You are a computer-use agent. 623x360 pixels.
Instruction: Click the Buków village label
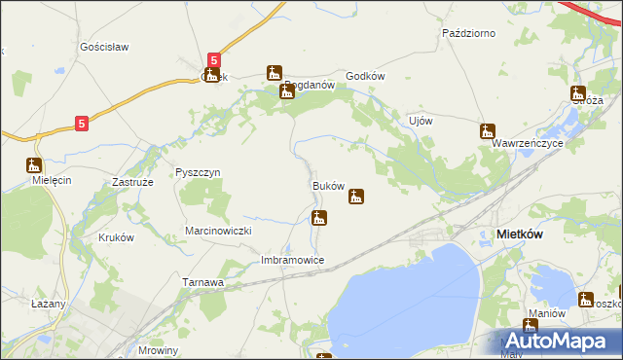coord(328,185)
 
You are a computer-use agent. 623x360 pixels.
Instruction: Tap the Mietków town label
coord(526,234)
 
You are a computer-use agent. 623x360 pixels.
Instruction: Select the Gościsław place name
coord(104,47)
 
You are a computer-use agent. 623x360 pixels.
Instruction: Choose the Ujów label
coord(420,121)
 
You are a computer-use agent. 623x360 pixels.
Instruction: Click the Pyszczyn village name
coord(198,172)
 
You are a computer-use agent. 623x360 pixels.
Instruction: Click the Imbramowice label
coord(292,261)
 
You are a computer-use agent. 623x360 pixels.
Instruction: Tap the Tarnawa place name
coord(203,282)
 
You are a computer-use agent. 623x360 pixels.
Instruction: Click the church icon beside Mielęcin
coord(33,165)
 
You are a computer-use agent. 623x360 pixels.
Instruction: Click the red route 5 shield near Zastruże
coord(83,124)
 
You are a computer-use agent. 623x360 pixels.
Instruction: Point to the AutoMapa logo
coord(560,342)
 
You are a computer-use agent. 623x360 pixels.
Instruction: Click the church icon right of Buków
coord(357,197)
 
